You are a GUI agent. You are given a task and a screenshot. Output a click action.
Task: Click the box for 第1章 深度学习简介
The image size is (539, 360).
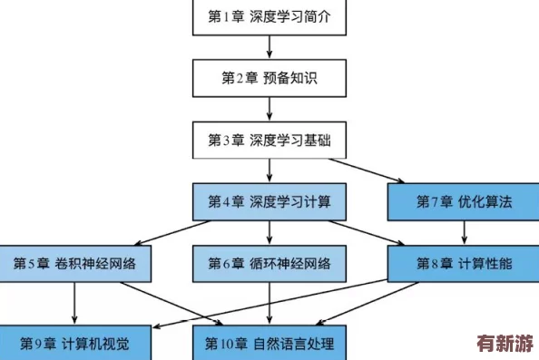[x=269, y=16]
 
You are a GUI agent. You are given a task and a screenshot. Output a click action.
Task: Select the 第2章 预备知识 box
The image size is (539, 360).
[x=269, y=79]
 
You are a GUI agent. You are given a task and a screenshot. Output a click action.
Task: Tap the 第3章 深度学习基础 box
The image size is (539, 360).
[x=269, y=141]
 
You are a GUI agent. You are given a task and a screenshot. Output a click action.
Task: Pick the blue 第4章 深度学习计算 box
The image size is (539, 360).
[x=269, y=201]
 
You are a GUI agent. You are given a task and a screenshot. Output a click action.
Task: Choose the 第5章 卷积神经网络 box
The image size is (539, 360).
[x=74, y=263]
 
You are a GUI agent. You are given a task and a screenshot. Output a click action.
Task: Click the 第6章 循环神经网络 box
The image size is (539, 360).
[x=269, y=263]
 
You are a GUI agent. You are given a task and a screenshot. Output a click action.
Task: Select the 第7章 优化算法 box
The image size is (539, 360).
[x=464, y=201]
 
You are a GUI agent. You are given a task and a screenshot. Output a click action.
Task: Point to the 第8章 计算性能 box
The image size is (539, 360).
[x=464, y=263]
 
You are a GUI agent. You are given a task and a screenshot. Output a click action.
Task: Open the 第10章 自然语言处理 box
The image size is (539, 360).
[x=269, y=344]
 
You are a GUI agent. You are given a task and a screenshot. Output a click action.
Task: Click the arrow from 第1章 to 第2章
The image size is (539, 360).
[x=269, y=48]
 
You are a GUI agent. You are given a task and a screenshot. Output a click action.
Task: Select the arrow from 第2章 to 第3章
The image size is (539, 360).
[x=269, y=110]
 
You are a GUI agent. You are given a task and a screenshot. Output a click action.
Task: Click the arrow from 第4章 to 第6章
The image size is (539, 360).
[x=269, y=232]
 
